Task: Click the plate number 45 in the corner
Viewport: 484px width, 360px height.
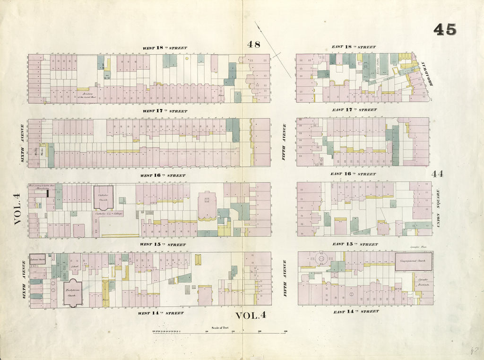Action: pos(445,29)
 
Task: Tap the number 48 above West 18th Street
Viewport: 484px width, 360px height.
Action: pos(253,44)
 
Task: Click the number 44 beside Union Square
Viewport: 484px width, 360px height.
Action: pos(437,174)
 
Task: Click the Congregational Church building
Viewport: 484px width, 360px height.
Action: pos(414,261)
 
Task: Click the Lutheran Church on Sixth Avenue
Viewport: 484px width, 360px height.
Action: pos(37,260)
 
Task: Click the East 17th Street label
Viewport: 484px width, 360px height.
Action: pos(354,110)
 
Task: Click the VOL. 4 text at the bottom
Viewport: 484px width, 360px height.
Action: pos(251,316)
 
